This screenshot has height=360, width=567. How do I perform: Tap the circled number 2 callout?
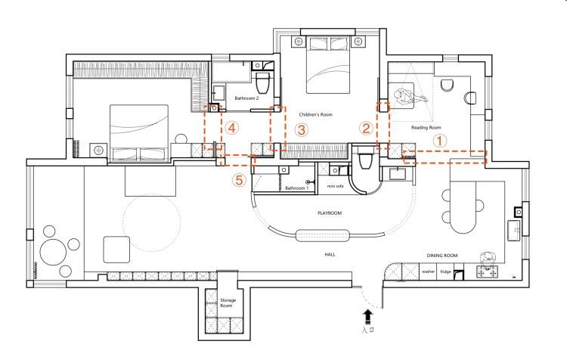coord(365,129)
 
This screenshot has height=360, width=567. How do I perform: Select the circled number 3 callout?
coord(301,129)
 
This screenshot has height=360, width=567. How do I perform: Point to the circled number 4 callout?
coord(232,129)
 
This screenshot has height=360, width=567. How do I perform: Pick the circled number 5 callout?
coord(239,180)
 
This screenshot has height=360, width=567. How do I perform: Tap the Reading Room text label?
coord(426,128)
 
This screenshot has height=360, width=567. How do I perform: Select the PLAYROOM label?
coord(330,213)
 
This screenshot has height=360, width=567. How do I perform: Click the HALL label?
coord(330,254)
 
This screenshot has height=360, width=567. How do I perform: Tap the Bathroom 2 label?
coord(246,98)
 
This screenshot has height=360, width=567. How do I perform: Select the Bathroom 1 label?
coord(296,188)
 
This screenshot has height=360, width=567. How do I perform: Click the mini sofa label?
coord(336,185)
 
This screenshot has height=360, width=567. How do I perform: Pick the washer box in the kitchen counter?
coord(429,271)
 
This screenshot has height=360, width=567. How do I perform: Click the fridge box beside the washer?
coord(445,271)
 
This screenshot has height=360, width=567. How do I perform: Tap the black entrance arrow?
coord(369,314)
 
